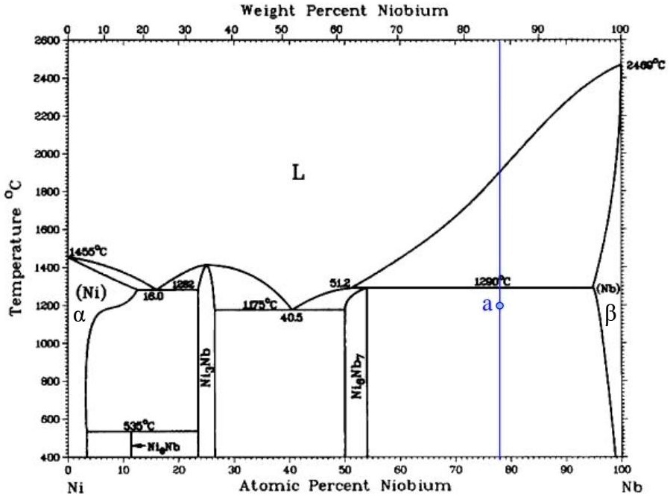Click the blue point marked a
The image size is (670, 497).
(x=500, y=305)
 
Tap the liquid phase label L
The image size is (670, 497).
(x=298, y=174)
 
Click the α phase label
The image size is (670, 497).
(x=80, y=315)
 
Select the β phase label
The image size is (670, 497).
(x=611, y=316)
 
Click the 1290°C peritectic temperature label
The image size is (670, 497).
(x=492, y=281)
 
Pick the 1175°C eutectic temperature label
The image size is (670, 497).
(x=260, y=304)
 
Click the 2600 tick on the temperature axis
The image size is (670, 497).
(x=47, y=40)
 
